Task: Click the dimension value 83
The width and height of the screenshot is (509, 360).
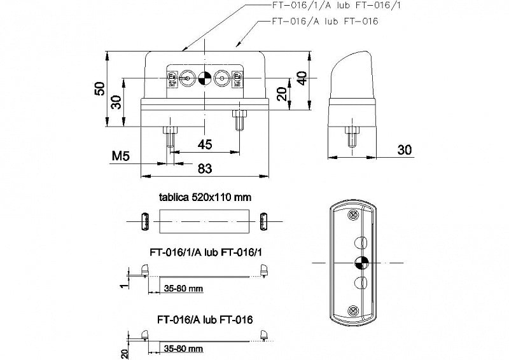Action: (205, 169)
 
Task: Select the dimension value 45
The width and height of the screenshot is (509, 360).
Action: (205, 145)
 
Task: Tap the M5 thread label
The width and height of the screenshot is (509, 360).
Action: (121, 156)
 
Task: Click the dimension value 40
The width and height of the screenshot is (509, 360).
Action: (302, 78)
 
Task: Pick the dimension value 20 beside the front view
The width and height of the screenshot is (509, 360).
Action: (281, 94)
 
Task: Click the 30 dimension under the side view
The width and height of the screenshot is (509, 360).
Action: (403, 149)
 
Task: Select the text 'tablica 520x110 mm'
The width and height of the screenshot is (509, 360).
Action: (204, 197)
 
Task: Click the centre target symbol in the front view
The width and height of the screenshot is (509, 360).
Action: (205, 79)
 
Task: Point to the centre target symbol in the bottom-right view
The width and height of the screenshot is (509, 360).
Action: (358, 262)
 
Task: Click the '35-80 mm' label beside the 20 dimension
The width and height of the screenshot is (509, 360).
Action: (183, 349)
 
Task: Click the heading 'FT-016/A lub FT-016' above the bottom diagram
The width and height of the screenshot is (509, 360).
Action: (204, 318)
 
